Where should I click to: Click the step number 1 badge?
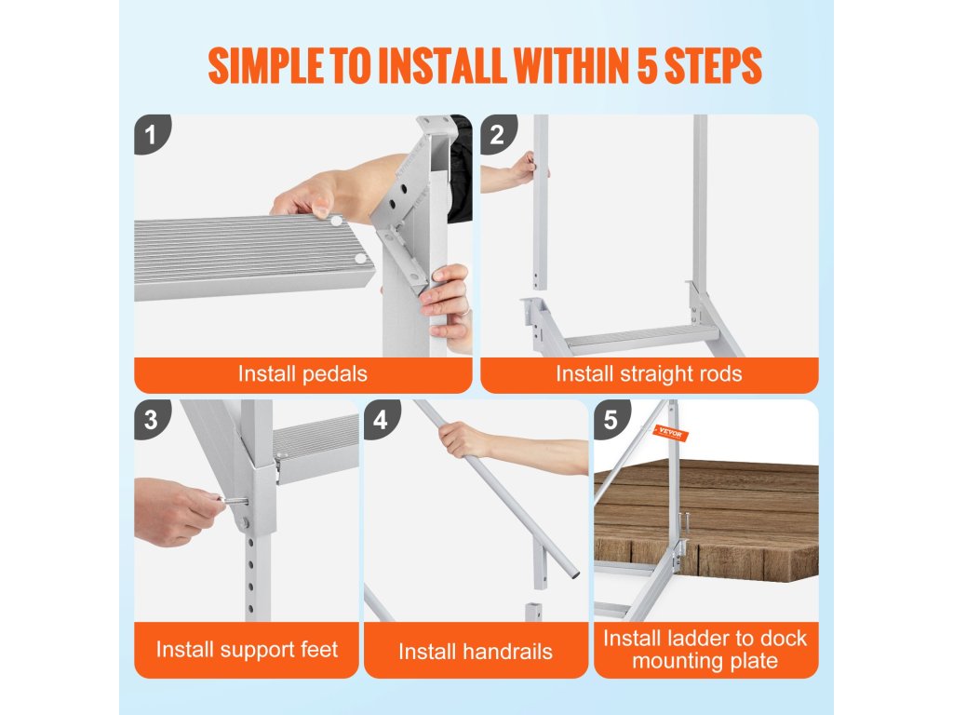[151, 134]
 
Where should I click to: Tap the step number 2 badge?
[497, 134]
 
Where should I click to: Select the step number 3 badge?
[151, 418]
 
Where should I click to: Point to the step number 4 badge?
[381, 418]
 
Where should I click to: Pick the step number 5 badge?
[611, 418]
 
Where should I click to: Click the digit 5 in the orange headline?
[648, 66]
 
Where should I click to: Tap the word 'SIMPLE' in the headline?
[265, 66]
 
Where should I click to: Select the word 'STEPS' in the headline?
[713, 66]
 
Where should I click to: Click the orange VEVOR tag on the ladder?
[670, 434]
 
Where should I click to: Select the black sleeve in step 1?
[460, 168]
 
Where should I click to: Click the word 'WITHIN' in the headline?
[571, 66]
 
